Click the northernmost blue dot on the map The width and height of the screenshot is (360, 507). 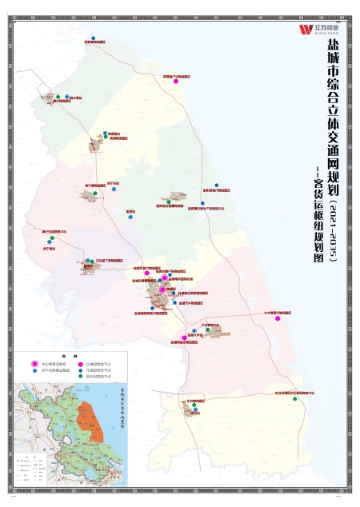coord(94,38)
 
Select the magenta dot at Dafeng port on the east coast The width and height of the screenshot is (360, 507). coord(278,317)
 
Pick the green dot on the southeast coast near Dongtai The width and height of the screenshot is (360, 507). coord(295,399)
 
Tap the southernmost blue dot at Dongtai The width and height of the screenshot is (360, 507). coord(194,408)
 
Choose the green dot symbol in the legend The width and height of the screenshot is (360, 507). coord(81,371)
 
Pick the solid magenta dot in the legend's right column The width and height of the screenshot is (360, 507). coord(81,364)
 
